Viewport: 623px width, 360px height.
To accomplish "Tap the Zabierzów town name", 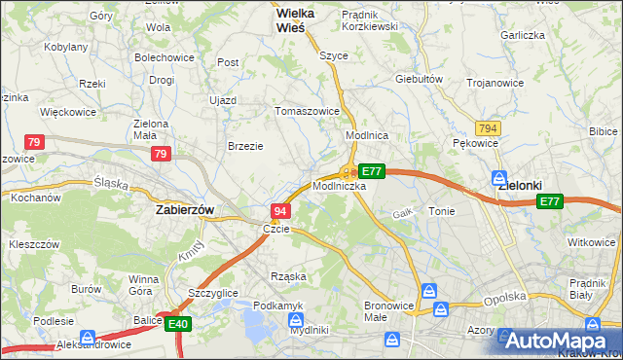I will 185,208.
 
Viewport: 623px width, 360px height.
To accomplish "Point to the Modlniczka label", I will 340,185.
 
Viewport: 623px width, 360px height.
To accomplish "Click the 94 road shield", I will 280,211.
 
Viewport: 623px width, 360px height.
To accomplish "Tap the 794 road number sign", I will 489,127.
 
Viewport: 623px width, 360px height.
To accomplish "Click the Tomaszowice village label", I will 307,111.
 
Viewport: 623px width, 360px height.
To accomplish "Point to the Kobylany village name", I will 67,46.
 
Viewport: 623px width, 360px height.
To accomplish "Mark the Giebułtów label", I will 420,79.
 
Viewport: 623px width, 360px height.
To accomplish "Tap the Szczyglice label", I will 213,292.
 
